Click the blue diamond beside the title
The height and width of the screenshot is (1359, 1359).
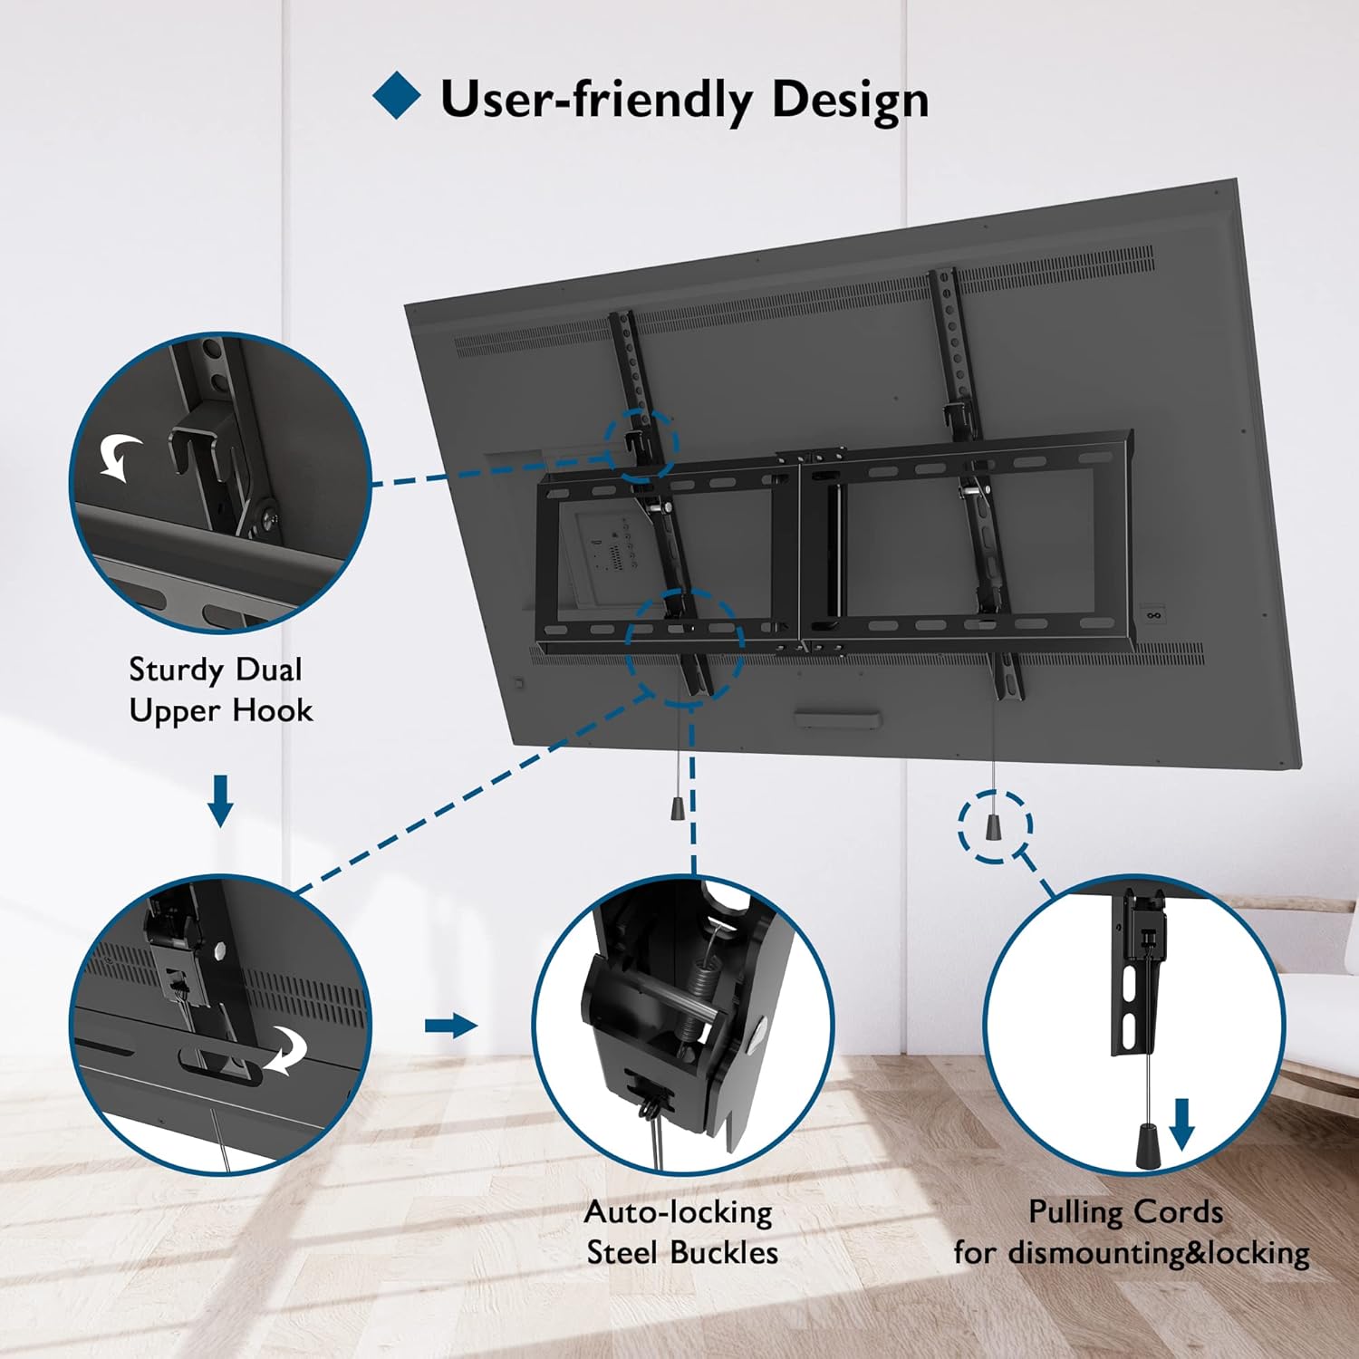[x=397, y=96]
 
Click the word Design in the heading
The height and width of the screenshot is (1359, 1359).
[x=850, y=101]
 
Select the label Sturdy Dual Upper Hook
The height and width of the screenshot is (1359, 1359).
[x=220, y=689]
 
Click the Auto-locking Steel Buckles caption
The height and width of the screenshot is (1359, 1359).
[x=680, y=1232]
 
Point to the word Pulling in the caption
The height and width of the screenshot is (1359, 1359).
[x=1067, y=1212]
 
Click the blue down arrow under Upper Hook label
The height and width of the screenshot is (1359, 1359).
[x=220, y=800]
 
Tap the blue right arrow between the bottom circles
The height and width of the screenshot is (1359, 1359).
[x=451, y=1026]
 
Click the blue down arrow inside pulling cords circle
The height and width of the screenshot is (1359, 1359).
[x=1181, y=1123]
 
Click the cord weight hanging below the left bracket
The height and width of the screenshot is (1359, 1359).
[x=678, y=807]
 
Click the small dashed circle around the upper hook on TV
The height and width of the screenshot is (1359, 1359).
[x=641, y=443]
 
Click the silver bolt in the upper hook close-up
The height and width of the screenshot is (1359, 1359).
[x=269, y=519]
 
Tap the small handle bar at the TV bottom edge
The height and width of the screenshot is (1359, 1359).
[x=837, y=720]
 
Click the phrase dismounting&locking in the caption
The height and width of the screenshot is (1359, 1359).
[x=1159, y=1253]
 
